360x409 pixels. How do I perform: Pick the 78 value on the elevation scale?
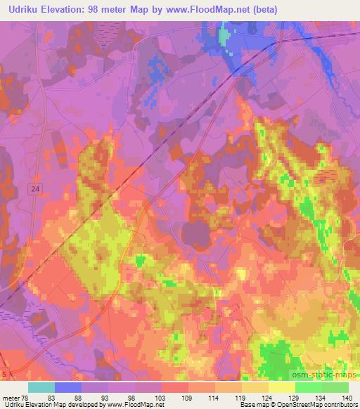25,398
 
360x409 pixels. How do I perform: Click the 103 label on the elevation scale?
161,398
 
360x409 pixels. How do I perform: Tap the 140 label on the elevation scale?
347,398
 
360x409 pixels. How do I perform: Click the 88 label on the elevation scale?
82,398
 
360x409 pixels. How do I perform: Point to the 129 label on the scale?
294,398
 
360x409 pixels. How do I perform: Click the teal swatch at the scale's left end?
41,387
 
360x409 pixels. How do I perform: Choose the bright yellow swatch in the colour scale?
282,387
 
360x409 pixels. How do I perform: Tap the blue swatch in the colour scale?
68,387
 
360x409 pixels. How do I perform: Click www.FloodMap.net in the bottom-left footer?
134,405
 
